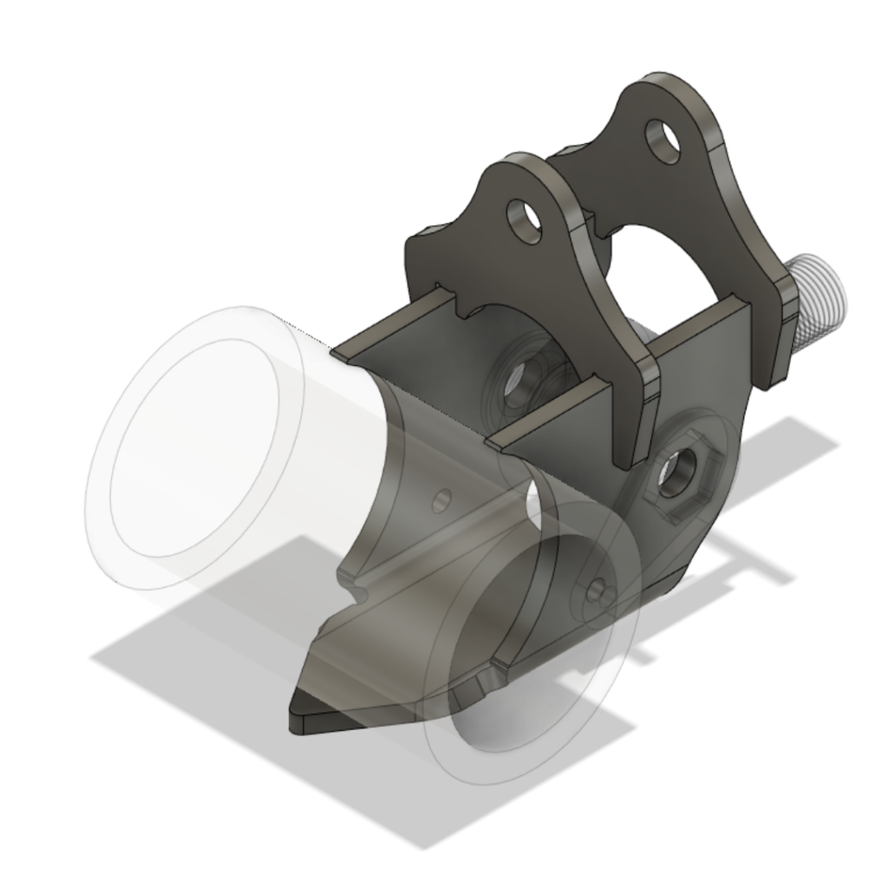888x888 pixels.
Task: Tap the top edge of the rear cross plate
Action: click(390, 325)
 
